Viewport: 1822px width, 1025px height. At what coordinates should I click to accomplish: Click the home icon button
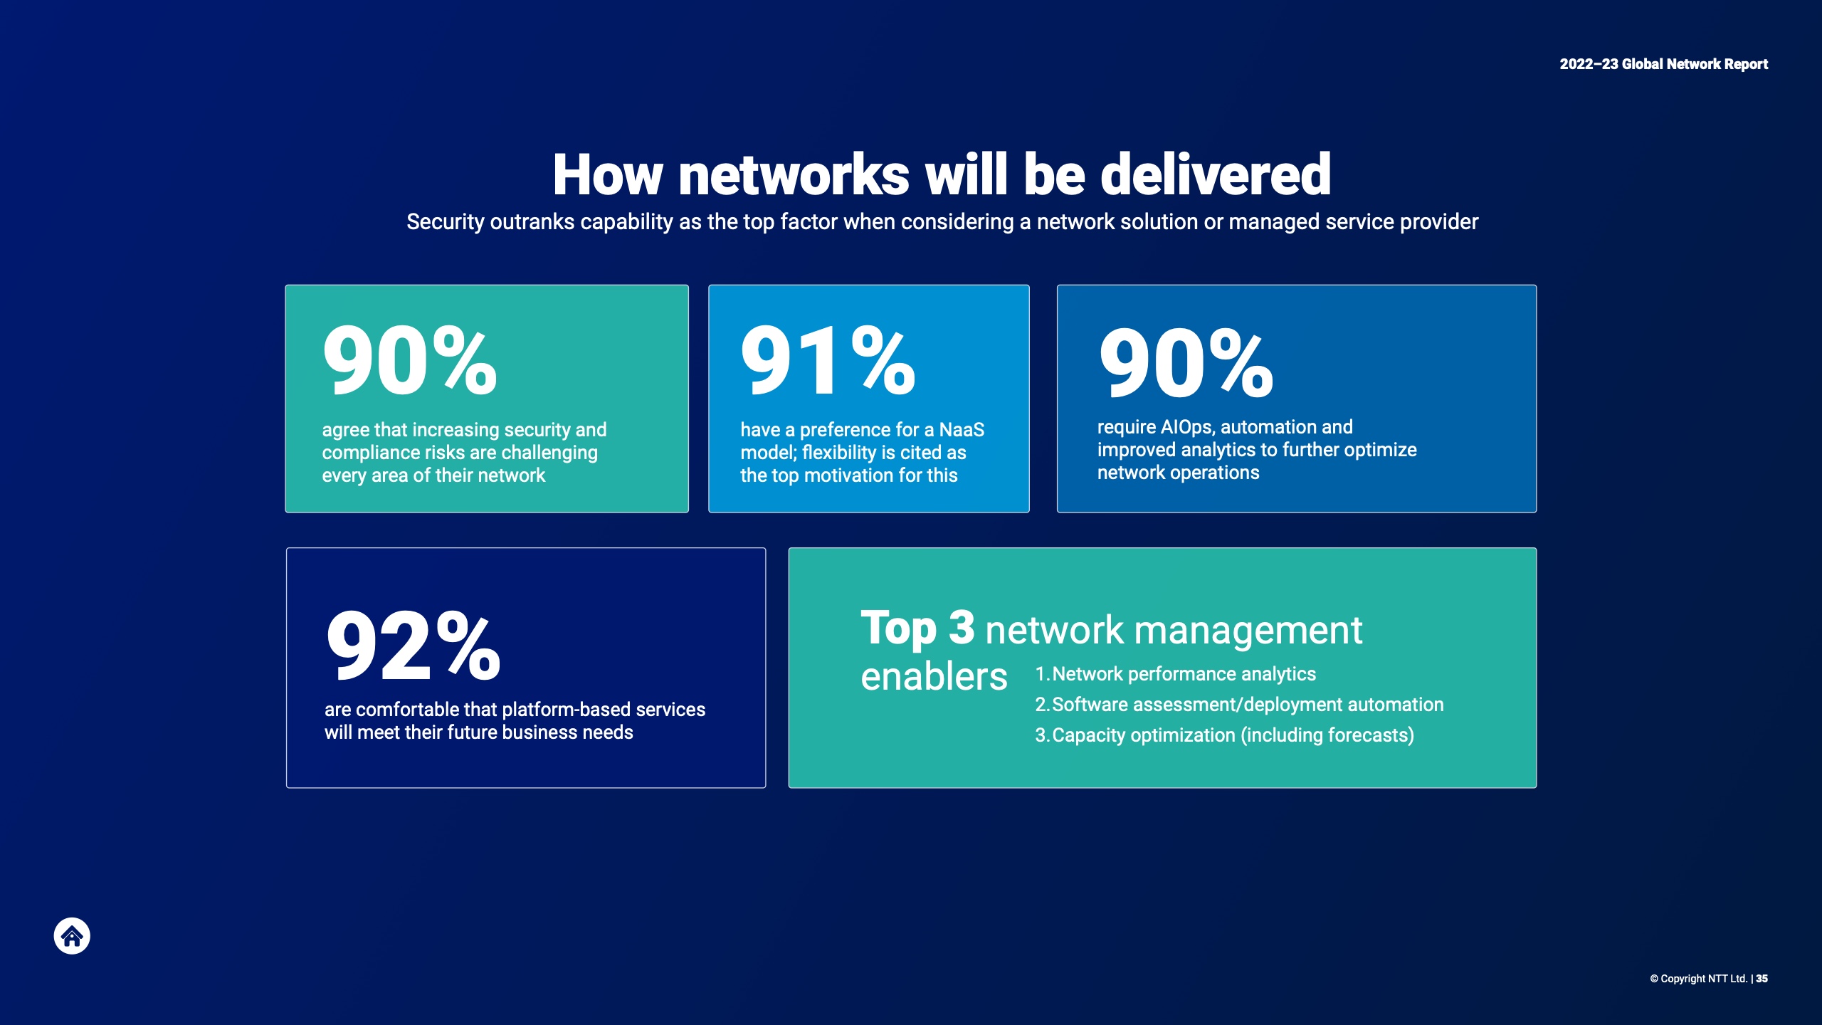click(72, 936)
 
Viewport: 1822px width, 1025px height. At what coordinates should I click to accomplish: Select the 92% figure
click(413, 646)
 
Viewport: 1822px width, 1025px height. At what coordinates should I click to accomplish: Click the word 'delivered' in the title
click(1216, 174)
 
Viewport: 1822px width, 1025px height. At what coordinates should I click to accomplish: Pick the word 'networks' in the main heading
click(794, 174)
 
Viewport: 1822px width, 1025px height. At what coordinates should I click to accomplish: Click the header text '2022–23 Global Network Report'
click(1663, 64)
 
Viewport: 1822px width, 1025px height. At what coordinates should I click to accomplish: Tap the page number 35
click(1762, 979)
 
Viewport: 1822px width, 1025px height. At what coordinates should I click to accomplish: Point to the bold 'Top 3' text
click(917, 629)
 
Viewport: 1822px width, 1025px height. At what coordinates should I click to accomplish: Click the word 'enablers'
click(934, 676)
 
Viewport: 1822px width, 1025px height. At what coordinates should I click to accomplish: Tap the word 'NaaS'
click(962, 430)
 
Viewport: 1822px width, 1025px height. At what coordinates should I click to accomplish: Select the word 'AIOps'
click(1188, 427)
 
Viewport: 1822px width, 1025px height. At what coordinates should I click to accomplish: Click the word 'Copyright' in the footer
click(1683, 979)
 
